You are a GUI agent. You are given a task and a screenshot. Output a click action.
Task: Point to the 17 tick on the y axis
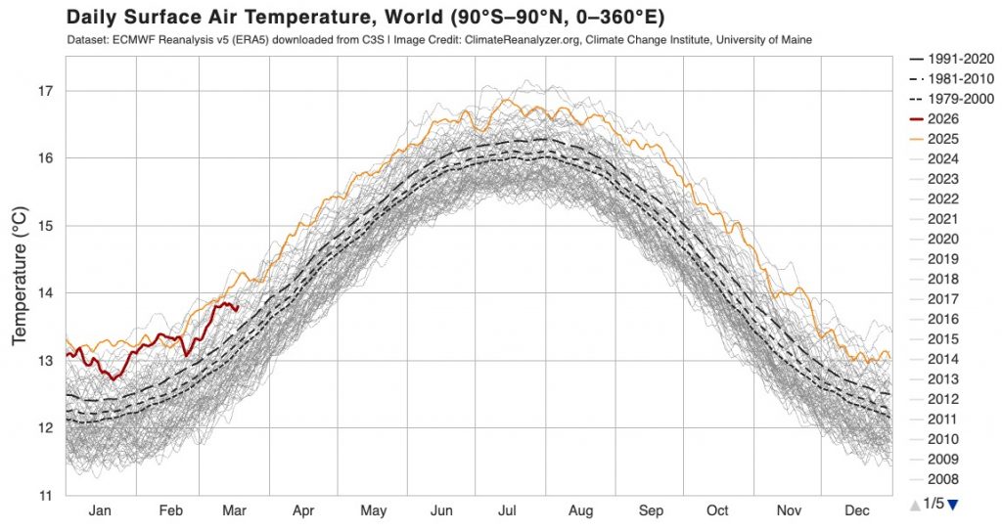(x=45, y=91)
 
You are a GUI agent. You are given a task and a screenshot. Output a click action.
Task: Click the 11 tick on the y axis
(x=45, y=495)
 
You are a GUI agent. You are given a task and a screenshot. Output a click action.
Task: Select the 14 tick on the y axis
(x=45, y=293)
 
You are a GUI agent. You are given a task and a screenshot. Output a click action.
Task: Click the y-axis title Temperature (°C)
(x=19, y=275)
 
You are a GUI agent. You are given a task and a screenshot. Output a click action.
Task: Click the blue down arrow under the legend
(x=953, y=504)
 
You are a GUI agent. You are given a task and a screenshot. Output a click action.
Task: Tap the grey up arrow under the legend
(x=915, y=504)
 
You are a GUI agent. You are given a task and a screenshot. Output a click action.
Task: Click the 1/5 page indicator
(x=934, y=504)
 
